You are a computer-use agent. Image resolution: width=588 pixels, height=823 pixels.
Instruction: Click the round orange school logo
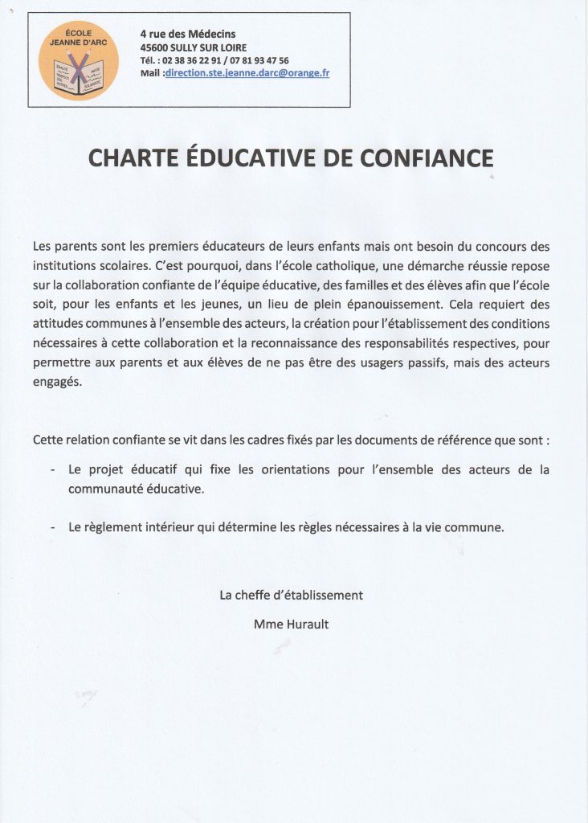[x=79, y=60]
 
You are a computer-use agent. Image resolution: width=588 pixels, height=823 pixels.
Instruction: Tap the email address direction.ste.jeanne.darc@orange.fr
[x=247, y=72]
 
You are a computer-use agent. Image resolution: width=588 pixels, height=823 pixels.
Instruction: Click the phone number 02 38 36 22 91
[x=190, y=60]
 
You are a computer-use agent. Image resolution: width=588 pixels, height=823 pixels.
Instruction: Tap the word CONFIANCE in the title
[x=427, y=158]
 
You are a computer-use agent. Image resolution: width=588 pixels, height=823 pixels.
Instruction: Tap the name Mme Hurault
[x=291, y=623]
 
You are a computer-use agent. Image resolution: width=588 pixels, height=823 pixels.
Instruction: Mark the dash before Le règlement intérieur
[x=52, y=528]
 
